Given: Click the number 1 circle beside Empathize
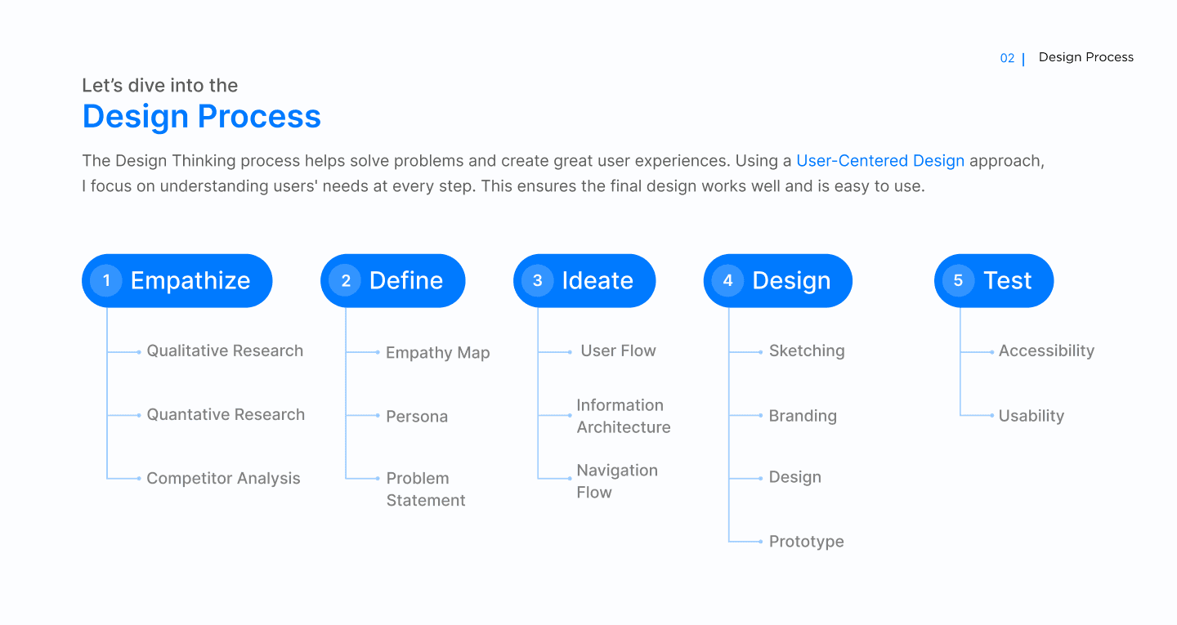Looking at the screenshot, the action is pos(106,280).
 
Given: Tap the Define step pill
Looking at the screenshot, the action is pos(392,280).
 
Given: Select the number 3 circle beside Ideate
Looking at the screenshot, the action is pos(538,280).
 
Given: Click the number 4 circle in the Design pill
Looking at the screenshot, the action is pos(727,280).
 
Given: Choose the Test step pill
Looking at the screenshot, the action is pos(994,280).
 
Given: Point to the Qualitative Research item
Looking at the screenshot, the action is pos(225,350).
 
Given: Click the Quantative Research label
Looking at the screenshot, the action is pos(226,414).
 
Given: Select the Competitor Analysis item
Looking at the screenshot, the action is pos(223,479).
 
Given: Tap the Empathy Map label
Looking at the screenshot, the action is pos(438,352).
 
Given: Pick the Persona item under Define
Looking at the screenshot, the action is pos(417,417).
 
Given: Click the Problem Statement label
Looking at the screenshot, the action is pos(426,489).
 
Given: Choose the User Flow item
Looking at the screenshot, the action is pos(618,350).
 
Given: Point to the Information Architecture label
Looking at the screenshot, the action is pos(623,416).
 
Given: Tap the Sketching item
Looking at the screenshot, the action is pos(807,350).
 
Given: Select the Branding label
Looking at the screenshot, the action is pos(803,416).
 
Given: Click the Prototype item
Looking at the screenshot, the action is pos(806,542).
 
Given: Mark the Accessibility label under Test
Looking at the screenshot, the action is pos(1046,350).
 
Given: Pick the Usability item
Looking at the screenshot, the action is pos(1031,416).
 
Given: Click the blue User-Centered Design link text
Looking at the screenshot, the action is pos(880,161).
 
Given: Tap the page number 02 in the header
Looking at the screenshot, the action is pos(1007,58).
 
